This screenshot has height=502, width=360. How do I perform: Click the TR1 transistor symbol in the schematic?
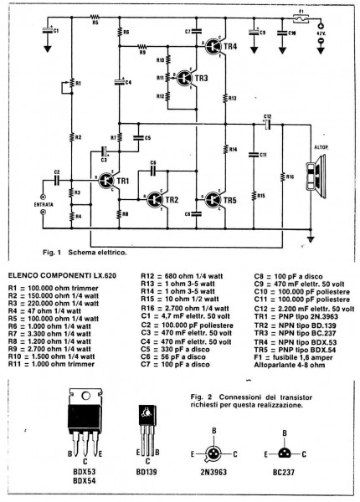pos(107,181)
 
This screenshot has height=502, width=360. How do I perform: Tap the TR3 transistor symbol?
pos(183,77)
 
